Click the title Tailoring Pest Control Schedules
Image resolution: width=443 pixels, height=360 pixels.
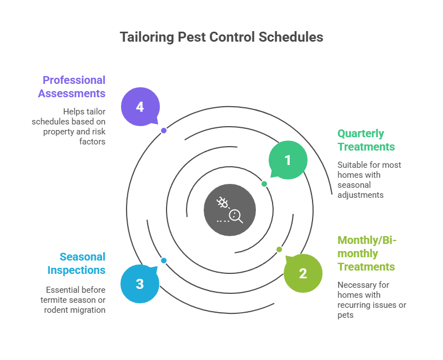(221, 37)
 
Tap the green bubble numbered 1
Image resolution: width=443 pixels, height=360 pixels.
(288, 160)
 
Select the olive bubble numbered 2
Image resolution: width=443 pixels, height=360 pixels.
(303, 273)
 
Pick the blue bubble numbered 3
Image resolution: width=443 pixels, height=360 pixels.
(139, 284)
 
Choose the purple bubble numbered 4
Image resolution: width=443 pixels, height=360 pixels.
(140, 106)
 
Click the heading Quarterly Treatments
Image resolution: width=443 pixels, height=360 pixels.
(366, 140)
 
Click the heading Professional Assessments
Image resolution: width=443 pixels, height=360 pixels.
(72, 87)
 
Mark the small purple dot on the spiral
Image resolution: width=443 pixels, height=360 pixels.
(164, 131)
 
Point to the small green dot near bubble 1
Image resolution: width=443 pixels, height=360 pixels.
(264, 184)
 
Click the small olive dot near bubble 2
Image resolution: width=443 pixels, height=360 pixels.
(279, 249)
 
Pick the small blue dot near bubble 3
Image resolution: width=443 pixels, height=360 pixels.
(164, 261)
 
